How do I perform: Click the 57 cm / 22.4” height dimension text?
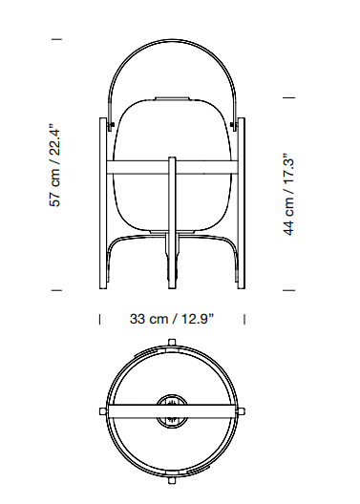[x=54, y=164]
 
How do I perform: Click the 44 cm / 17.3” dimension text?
[x=288, y=194]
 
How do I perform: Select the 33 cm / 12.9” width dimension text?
[x=172, y=319]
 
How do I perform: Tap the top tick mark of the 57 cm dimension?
[x=56, y=39]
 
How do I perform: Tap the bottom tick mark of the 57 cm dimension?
[x=56, y=290]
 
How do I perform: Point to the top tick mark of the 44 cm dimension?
[x=288, y=97]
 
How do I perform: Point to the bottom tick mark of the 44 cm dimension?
[x=288, y=290]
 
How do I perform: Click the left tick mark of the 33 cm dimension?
[x=99, y=319]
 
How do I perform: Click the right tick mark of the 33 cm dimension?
[x=244, y=319]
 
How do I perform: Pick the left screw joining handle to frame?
[x=112, y=125]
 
